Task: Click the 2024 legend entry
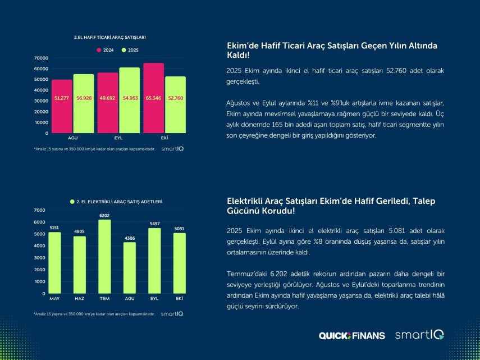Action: point(106,50)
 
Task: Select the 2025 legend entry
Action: point(130,50)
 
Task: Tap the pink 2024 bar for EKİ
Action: point(154,98)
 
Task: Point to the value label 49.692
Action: point(107,98)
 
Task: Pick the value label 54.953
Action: point(130,98)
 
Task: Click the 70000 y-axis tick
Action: point(42,58)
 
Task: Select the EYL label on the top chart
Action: point(119,138)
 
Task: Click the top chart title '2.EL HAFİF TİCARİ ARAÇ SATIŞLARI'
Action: point(110,37)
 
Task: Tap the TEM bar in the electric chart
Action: point(104,256)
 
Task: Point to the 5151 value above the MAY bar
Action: point(54,227)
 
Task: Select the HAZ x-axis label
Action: point(79,298)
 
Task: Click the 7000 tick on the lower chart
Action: point(39,210)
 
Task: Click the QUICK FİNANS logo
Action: point(352,335)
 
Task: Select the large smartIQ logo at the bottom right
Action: point(419,335)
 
